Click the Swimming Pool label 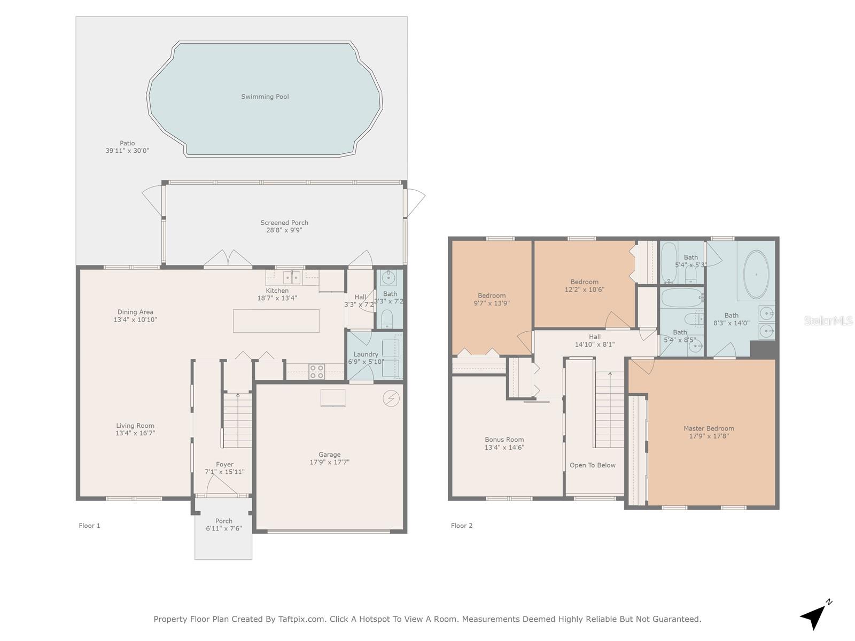pyautogui.click(x=265, y=97)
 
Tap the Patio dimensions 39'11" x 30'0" pyautogui.click(x=127, y=151)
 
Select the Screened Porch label pyautogui.click(x=284, y=223)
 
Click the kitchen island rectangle pyautogui.click(x=276, y=321)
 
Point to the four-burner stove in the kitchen pyautogui.click(x=316, y=371)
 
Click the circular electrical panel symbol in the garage pyautogui.click(x=391, y=398)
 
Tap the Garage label pyautogui.click(x=329, y=455)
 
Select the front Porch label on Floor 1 pyautogui.click(x=223, y=521)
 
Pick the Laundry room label pyautogui.click(x=366, y=354)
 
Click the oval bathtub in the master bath pyautogui.click(x=756, y=275)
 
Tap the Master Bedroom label pyautogui.click(x=709, y=428)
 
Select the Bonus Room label pyautogui.click(x=504, y=440)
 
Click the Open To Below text pyautogui.click(x=592, y=465)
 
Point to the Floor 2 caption pyautogui.click(x=462, y=526)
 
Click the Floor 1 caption pyautogui.click(x=89, y=526)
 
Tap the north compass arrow pyautogui.click(x=814, y=616)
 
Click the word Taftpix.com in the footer pyautogui.click(x=301, y=619)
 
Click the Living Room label pyautogui.click(x=135, y=426)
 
